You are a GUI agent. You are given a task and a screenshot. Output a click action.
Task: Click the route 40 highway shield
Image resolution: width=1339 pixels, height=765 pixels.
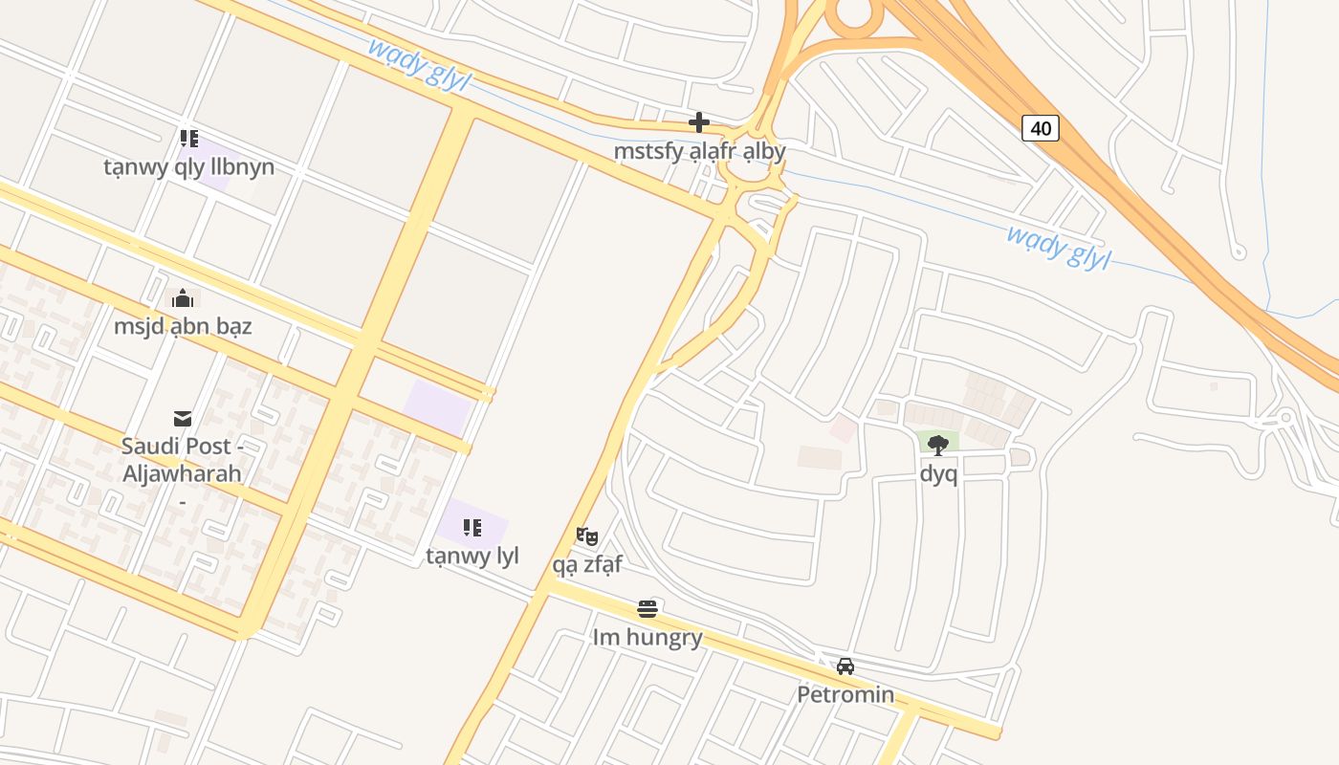pyautogui.click(x=1041, y=128)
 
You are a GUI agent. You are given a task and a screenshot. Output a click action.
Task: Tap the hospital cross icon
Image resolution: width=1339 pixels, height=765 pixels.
pyautogui.click(x=699, y=122)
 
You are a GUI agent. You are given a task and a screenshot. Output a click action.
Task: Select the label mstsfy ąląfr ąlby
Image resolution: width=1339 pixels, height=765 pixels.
pyautogui.click(x=699, y=151)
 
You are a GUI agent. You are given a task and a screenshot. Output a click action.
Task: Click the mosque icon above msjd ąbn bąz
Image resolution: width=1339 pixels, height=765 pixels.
pyautogui.click(x=183, y=298)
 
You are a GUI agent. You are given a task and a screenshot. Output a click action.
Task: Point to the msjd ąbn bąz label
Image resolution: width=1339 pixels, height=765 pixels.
pyautogui.click(x=183, y=326)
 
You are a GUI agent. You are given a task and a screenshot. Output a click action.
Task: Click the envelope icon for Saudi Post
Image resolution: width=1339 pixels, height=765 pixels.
pyautogui.click(x=182, y=418)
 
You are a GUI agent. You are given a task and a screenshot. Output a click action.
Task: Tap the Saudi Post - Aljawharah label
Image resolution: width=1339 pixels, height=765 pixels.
pyautogui.click(x=182, y=460)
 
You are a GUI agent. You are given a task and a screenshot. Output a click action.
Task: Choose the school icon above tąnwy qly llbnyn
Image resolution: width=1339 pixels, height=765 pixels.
pyautogui.click(x=188, y=139)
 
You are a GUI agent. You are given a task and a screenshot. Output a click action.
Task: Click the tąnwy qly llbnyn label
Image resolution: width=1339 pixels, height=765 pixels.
pyautogui.click(x=188, y=167)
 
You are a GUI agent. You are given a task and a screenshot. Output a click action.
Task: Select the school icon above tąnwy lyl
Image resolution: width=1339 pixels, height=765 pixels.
pyautogui.click(x=472, y=528)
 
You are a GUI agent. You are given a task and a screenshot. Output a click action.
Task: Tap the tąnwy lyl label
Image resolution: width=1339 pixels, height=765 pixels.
pyautogui.click(x=472, y=556)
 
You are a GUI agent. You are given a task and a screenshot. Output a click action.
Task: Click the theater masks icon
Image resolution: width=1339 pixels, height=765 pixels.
pyautogui.click(x=587, y=536)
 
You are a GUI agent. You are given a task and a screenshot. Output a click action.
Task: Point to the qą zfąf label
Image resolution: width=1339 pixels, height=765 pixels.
pyautogui.click(x=587, y=564)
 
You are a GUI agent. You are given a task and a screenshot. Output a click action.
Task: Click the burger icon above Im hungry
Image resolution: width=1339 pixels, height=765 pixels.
pyautogui.click(x=648, y=609)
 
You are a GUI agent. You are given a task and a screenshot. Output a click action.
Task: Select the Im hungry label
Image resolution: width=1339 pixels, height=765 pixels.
pyautogui.click(x=648, y=637)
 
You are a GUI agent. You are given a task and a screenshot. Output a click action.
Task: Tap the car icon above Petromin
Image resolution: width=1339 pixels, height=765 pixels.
pyautogui.click(x=845, y=667)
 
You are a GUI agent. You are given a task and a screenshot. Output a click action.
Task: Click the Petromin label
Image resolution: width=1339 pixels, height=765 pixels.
pyautogui.click(x=845, y=694)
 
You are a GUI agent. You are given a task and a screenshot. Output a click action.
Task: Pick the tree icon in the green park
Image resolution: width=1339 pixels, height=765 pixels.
pyautogui.click(x=938, y=445)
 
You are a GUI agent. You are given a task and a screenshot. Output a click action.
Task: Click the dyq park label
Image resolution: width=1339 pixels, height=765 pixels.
pyautogui.click(x=938, y=473)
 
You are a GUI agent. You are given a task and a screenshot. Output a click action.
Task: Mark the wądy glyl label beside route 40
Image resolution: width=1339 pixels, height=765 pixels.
pyautogui.click(x=1058, y=247)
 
